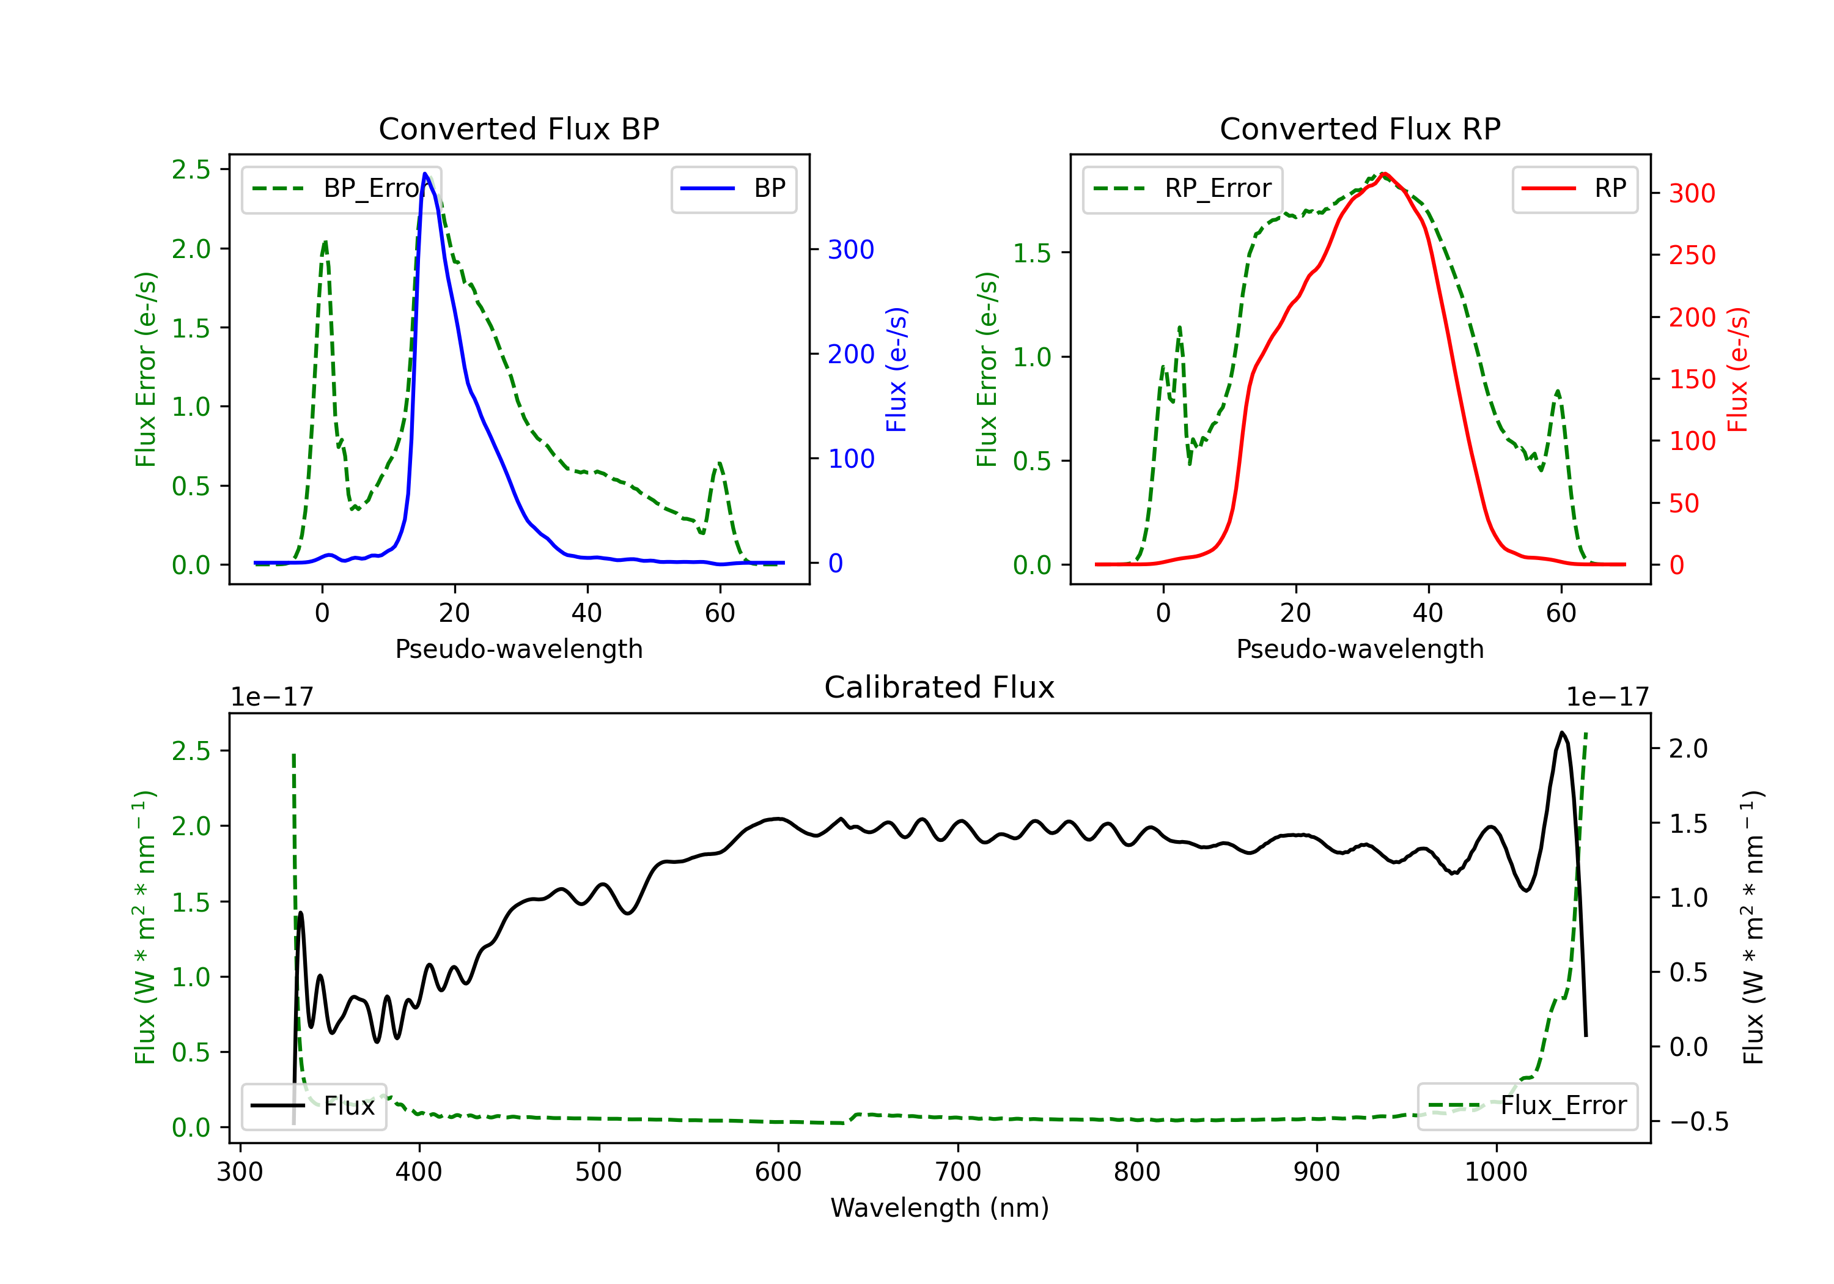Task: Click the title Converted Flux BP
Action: click(518, 128)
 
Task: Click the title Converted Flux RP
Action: click(1360, 128)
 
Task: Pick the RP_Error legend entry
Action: click(1183, 188)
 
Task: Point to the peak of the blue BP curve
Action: click(425, 174)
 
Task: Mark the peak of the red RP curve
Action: click(1383, 174)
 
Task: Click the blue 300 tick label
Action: click(851, 249)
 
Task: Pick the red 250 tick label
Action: click(1692, 255)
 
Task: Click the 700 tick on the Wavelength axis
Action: click(958, 1172)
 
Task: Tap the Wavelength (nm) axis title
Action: click(940, 1208)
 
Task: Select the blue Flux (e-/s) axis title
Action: click(897, 369)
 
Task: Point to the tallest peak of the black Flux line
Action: click(1561, 732)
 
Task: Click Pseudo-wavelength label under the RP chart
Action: click(1360, 649)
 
